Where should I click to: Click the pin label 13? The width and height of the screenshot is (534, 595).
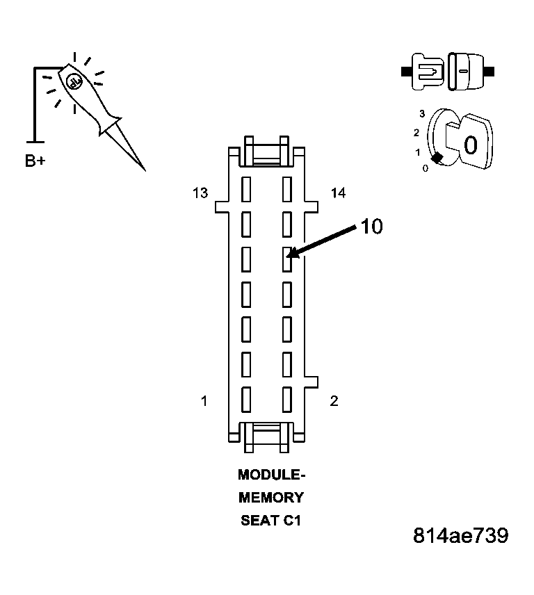point(200,193)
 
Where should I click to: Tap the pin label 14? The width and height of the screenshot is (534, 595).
point(338,193)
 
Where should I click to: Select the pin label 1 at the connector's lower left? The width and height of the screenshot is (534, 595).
point(204,401)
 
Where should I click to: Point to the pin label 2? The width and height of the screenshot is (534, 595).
point(334,401)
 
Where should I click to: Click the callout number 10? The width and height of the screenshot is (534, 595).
point(371,227)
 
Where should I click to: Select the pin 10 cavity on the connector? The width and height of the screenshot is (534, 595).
point(286,259)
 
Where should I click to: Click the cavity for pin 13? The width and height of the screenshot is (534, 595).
point(245,188)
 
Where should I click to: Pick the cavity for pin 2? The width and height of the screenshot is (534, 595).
point(286,399)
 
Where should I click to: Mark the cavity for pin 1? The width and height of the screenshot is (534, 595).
point(245,399)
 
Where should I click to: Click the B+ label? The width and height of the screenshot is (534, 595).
point(35,161)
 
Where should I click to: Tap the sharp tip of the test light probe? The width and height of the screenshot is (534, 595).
point(144,169)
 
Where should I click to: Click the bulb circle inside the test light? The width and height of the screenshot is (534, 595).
point(73,82)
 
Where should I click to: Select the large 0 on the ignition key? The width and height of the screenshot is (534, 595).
point(470,145)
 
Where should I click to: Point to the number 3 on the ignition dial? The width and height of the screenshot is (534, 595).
point(421,113)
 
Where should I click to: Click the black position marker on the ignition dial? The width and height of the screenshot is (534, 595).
point(437,159)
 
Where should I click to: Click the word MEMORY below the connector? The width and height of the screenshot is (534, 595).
point(271,498)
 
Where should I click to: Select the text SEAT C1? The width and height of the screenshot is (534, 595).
point(271,520)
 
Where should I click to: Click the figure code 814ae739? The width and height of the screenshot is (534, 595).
point(460,536)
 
